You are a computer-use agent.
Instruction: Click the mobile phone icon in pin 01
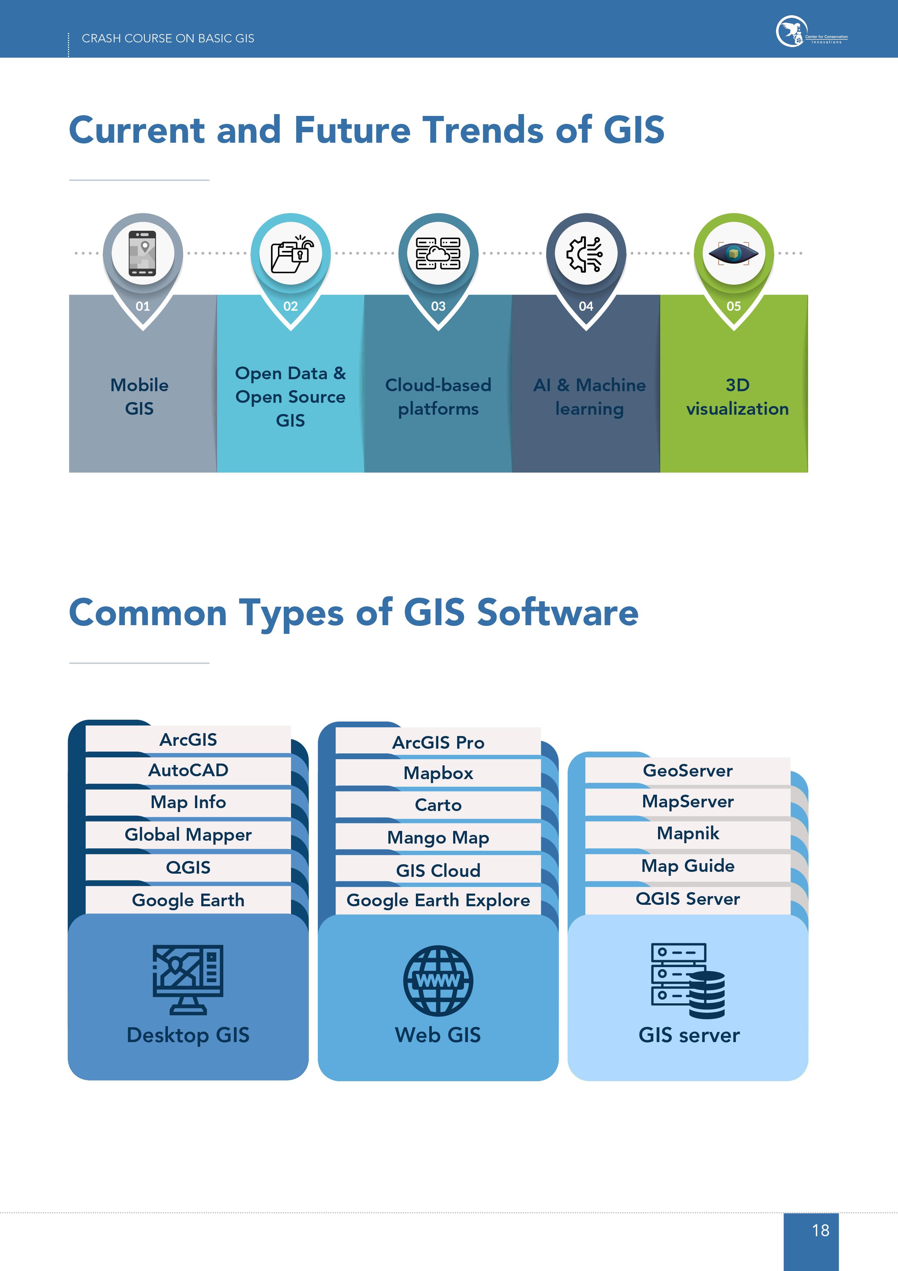[143, 253]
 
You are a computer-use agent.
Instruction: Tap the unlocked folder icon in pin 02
[291, 254]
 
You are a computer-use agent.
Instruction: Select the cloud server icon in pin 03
[438, 254]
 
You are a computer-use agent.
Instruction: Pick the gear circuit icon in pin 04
[585, 254]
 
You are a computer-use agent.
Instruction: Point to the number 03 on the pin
[438, 306]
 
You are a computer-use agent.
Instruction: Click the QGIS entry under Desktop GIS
[188, 867]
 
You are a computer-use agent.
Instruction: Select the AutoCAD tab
[188, 770]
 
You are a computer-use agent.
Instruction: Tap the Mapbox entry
[438, 773]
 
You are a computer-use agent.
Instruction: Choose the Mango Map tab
[438, 837]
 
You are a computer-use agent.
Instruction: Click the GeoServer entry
[688, 770]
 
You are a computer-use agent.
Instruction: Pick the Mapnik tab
[688, 833]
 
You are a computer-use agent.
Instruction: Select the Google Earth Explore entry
[438, 900]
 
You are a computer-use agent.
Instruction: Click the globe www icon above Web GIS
[438, 981]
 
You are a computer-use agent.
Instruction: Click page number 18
[821, 1230]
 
